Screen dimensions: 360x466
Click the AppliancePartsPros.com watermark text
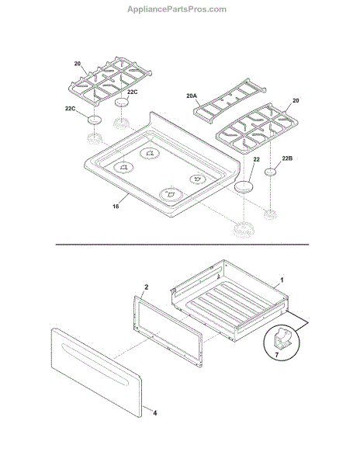pyautogui.click(x=177, y=9)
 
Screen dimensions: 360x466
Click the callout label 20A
pyautogui.click(x=192, y=96)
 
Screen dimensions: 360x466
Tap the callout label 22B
pyautogui.click(x=287, y=158)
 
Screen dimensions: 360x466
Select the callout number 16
pyautogui.click(x=116, y=206)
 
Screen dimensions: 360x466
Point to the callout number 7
pyautogui.click(x=277, y=355)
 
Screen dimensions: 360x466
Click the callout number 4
pyautogui.click(x=155, y=413)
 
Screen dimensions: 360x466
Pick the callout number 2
pyautogui.click(x=146, y=287)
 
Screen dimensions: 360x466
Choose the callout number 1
pyautogui.click(x=282, y=280)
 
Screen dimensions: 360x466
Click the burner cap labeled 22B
pyautogui.click(x=270, y=172)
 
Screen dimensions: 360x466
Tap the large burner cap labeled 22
pyautogui.click(x=244, y=187)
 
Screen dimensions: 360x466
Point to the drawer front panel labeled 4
pyautogui.click(x=96, y=372)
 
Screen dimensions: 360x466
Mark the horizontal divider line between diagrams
pyautogui.click(x=182, y=245)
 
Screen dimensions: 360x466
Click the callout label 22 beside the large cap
pyautogui.click(x=256, y=159)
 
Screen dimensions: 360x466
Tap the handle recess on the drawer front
pyautogui.click(x=95, y=365)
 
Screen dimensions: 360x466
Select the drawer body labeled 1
pyautogui.click(x=230, y=300)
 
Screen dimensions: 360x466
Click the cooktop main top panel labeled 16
pyautogui.click(x=162, y=165)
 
